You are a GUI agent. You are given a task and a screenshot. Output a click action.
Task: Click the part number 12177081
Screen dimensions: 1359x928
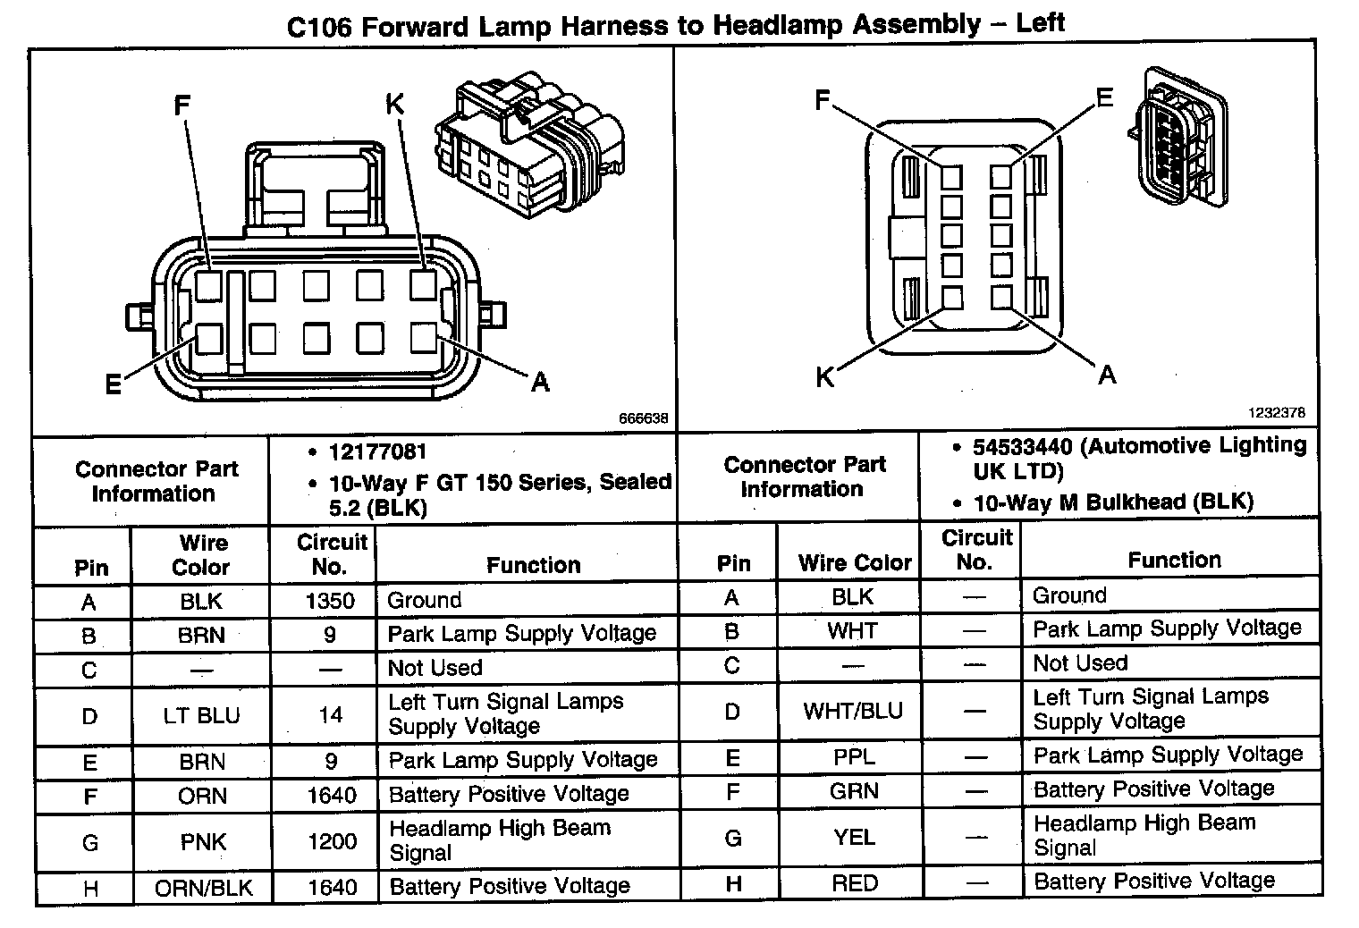(377, 452)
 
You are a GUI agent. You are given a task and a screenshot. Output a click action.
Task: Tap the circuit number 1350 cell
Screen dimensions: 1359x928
(330, 600)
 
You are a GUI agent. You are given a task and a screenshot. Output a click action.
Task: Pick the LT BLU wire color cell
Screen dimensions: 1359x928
(201, 715)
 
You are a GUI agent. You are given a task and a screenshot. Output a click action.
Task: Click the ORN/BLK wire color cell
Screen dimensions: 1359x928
(203, 888)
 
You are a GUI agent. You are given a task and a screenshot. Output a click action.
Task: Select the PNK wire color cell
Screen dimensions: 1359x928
(203, 842)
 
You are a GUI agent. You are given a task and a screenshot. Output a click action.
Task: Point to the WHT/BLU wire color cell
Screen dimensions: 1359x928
(853, 712)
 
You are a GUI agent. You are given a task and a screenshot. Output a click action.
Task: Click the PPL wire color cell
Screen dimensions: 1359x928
(854, 757)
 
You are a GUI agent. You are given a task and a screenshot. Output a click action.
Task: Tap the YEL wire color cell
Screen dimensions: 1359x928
(854, 837)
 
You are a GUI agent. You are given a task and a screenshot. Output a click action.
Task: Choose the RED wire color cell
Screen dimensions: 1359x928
(854, 883)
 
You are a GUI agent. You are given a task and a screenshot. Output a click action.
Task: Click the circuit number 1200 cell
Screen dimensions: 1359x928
(331, 841)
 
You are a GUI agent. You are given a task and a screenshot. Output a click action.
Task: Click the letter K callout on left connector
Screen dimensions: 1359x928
(394, 105)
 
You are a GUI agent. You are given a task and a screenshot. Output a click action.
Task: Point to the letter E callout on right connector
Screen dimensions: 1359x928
(1104, 97)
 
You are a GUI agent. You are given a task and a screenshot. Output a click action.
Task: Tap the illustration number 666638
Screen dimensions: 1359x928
(643, 418)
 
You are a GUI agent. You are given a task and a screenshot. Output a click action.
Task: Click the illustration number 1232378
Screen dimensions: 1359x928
(1277, 412)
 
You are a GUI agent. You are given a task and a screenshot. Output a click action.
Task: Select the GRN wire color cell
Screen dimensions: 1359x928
(854, 791)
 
